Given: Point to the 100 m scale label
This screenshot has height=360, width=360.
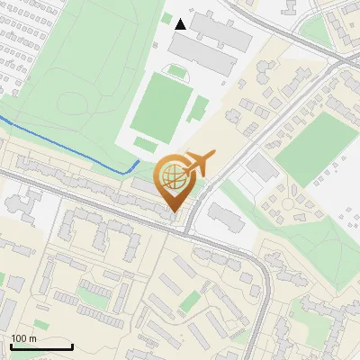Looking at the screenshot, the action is coord(23,338).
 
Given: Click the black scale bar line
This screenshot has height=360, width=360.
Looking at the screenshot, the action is coord(41,346).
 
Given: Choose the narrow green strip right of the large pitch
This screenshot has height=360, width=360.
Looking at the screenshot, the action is coord(198,112).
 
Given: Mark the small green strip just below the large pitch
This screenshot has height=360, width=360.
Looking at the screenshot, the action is coord(144,144).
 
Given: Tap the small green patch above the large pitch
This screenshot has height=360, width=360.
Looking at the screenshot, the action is coord(177,70).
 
